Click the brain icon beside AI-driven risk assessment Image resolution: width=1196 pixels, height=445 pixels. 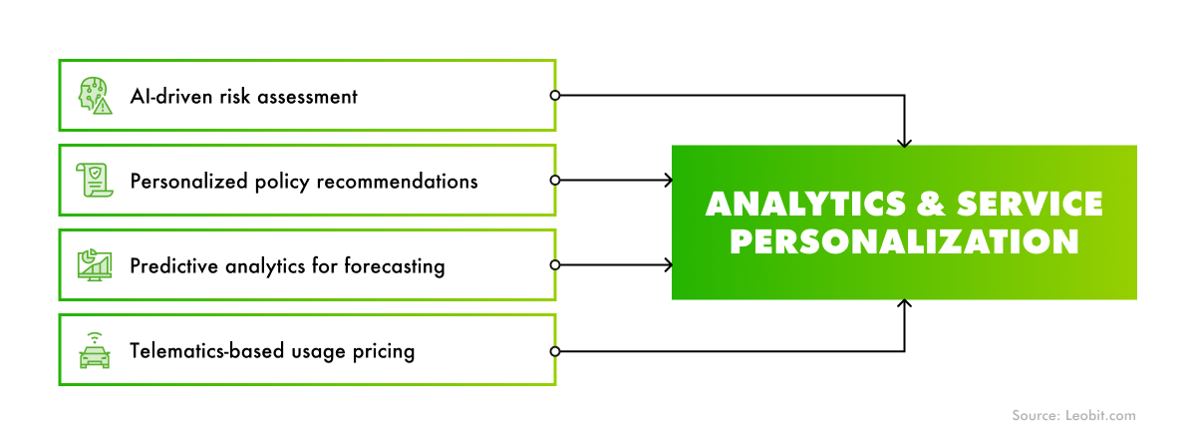pos(95,96)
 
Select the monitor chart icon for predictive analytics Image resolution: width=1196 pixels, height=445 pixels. pos(95,265)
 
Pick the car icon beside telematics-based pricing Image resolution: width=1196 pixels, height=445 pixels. pos(95,349)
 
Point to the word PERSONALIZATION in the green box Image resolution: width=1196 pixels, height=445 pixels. pos(904,242)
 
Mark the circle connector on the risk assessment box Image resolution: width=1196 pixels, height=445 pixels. pos(555,96)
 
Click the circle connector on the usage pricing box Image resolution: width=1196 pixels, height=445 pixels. pos(555,351)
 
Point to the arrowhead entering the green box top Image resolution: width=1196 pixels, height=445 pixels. pos(904,142)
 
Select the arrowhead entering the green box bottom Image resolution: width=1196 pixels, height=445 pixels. pos(904,304)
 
